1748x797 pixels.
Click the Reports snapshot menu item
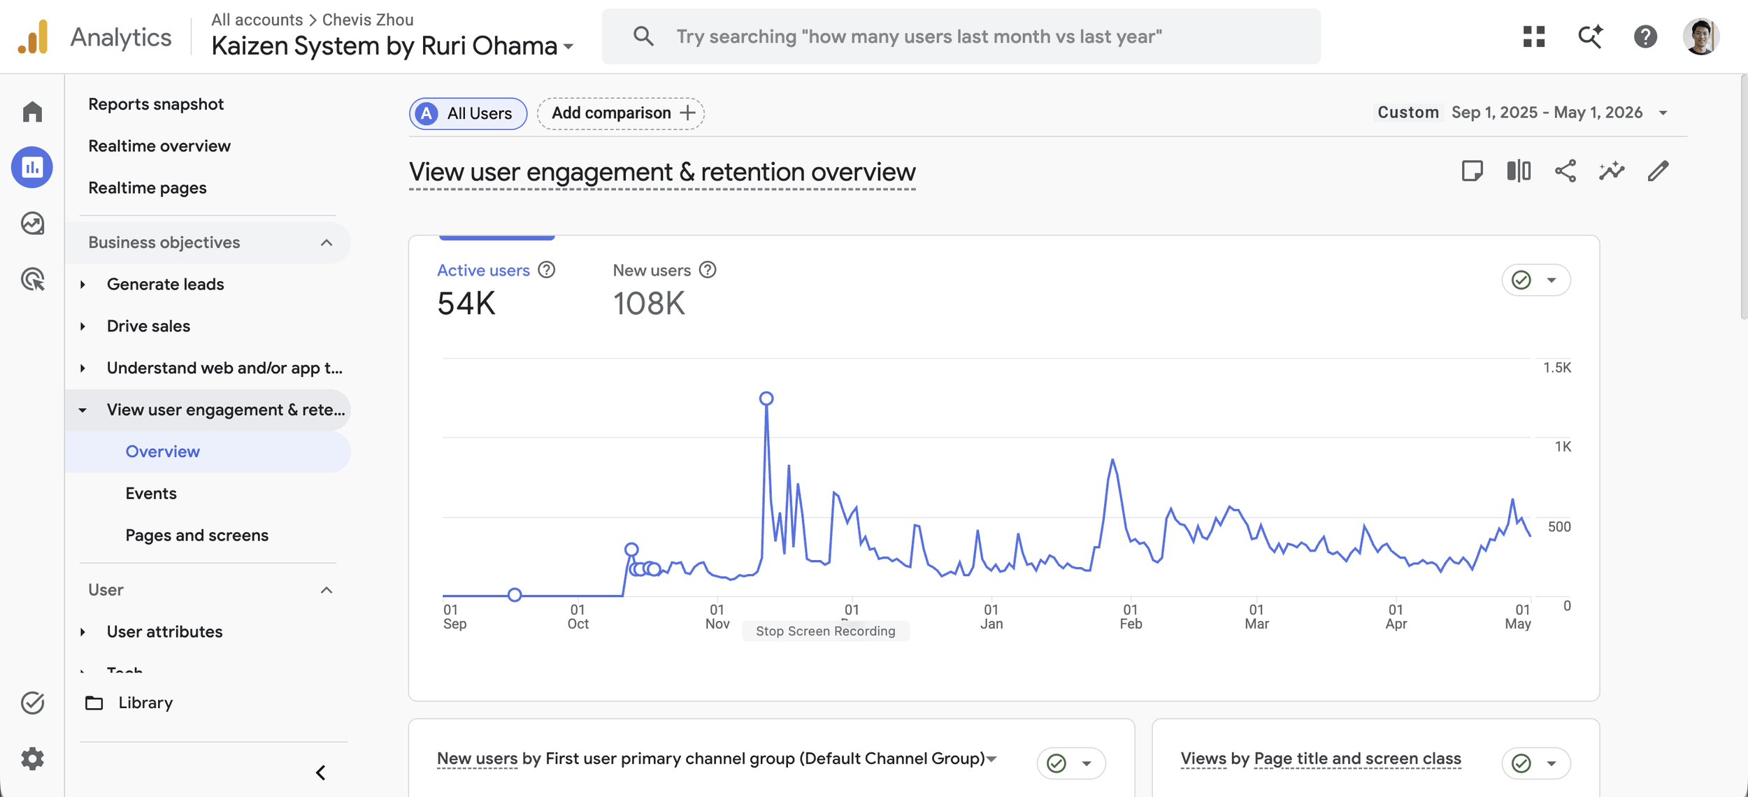coord(156,104)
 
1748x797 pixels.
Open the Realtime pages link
coord(148,187)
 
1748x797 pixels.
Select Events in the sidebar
coord(151,493)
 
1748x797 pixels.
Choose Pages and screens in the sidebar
coord(197,535)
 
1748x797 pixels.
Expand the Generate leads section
coord(165,284)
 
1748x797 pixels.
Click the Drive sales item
coord(148,326)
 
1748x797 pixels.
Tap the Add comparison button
coord(620,113)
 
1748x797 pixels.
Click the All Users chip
coord(468,113)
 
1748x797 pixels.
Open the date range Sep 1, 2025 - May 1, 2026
coord(1547,113)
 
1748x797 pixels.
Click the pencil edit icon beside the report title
coord(1658,171)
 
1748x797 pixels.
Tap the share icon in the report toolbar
coord(1566,171)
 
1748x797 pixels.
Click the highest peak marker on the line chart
coord(766,398)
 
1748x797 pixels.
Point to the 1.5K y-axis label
coord(1557,368)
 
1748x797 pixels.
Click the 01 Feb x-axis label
coord(1131,617)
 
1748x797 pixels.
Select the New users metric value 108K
coord(649,303)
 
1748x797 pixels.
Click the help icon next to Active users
coord(547,270)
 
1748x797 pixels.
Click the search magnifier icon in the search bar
coord(643,36)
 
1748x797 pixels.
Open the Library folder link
coord(145,703)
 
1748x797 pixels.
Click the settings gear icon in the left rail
coord(32,759)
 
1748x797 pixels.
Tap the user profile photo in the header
coord(1700,36)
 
